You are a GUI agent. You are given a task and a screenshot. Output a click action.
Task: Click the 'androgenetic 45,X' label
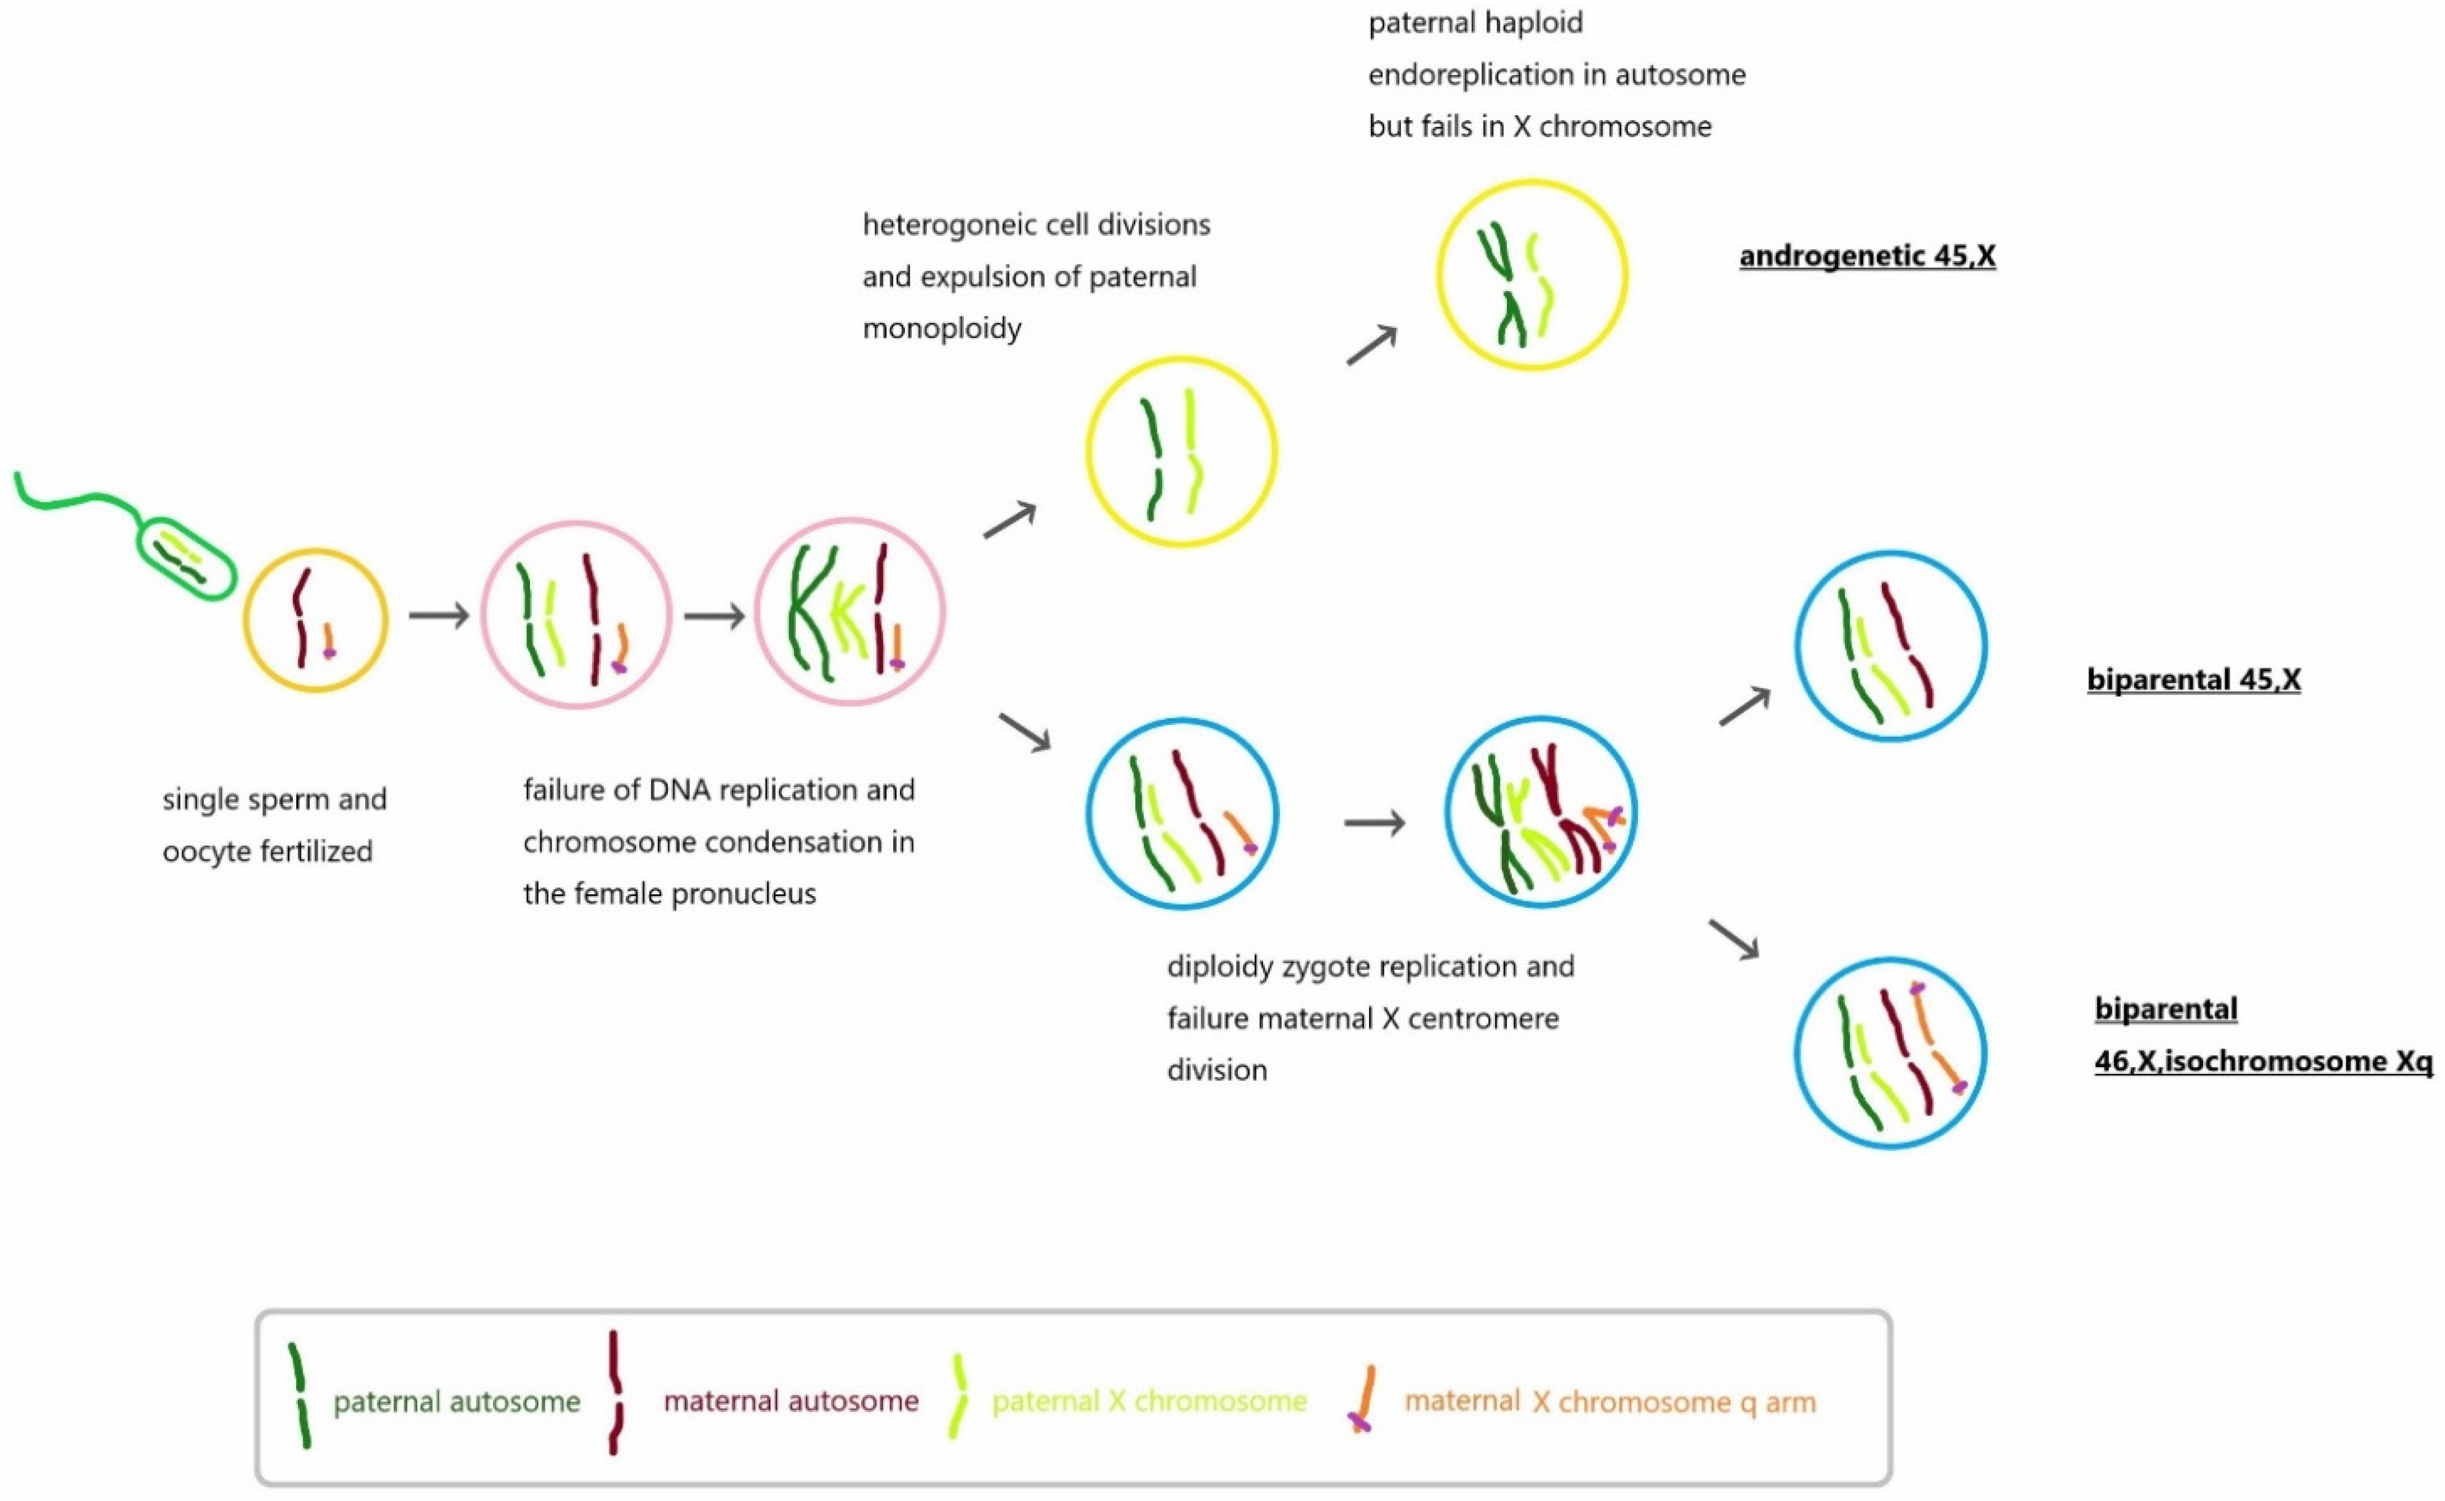(x=1866, y=256)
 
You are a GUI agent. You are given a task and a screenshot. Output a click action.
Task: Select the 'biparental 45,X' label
(x=2193, y=680)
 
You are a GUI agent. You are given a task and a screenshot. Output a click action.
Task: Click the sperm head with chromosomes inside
(x=186, y=558)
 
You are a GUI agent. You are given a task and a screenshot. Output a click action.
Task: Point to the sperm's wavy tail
(x=79, y=497)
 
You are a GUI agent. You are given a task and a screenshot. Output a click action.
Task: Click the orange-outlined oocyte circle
(x=316, y=620)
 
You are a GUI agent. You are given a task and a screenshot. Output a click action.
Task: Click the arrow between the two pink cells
(x=714, y=617)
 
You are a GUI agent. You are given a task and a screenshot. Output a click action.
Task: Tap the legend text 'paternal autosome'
(x=457, y=1402)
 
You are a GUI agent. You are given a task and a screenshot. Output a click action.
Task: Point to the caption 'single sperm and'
(x=274, y=799)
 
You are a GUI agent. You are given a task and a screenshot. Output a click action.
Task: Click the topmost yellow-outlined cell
(x=1532, y=275)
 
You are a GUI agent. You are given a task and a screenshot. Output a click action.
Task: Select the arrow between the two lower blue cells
(x=1374, y=822)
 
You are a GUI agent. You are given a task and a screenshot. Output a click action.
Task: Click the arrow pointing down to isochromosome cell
(x=1733, y=939)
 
